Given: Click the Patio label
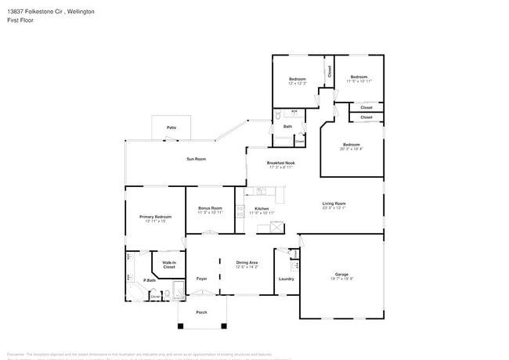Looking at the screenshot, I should [x=171, y=127].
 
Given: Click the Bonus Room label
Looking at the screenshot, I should [x=210, y=208].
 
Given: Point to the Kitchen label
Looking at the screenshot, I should [x=262, y=209].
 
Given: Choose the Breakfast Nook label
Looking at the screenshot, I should [x=280, y=163].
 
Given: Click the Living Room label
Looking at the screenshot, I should [x=334, y=203].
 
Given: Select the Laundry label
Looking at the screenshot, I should [x=286, y=279].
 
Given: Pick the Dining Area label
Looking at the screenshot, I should [x=247, y=263].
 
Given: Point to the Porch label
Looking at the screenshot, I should [x=201, y=311].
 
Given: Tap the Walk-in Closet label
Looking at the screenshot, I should [x=169, y=265].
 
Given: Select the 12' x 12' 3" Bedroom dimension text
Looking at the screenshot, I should [x=297, y=84].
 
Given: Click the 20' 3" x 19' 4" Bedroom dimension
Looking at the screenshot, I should [x=351, y=149].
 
